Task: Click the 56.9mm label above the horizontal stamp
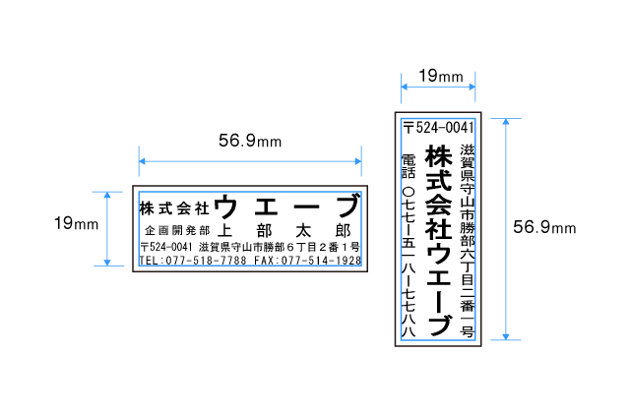(x=250, y=141)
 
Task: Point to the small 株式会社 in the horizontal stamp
(x=174, y=208)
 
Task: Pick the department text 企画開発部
(x=176, y=229)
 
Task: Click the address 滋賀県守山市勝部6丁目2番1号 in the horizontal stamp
(x=279, y=246)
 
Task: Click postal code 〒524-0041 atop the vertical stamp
(x=439, y=128)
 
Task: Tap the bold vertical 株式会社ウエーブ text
(x=438, y=240)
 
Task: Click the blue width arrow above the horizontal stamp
(x=250, y=160)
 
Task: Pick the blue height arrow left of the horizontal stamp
(x=107, y=227)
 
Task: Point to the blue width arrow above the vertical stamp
(x=438, y=87)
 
